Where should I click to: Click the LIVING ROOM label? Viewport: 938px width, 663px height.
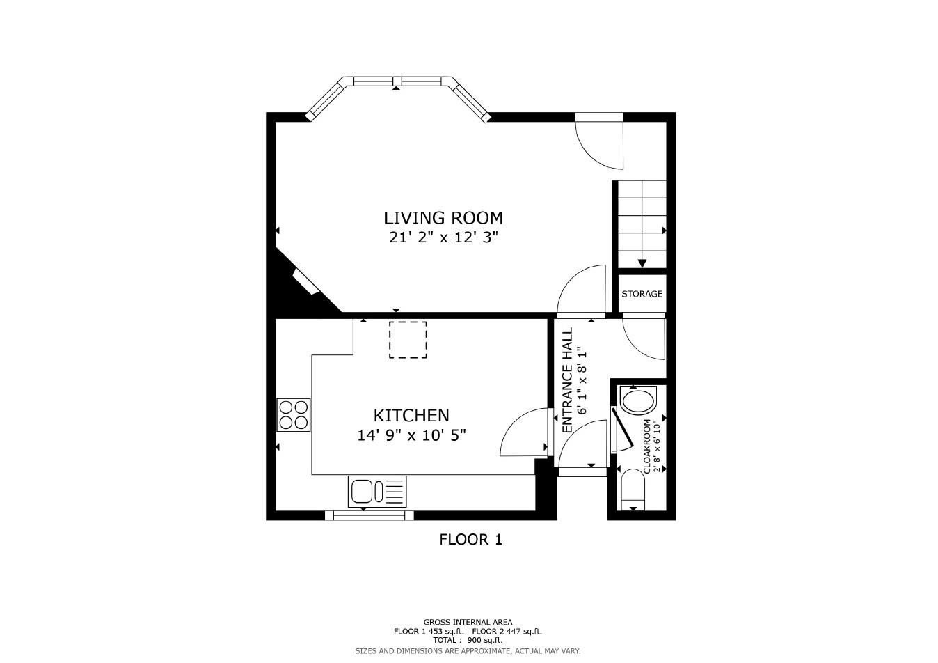click(x=443, y=217)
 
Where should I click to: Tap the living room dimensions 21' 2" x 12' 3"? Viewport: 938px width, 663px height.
click(x=443, y=237)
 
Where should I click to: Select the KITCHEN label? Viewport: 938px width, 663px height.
click(x=411, y=416)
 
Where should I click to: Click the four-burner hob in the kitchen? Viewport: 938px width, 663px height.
click(x=293, y=414)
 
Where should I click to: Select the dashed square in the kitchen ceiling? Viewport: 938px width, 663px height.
click(x=408, y=340)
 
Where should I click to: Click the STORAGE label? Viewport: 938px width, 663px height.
click(x=642, y=294)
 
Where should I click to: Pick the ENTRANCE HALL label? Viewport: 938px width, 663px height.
click(x=567, y=380)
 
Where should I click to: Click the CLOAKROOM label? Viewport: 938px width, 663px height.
click(x=647, y=446)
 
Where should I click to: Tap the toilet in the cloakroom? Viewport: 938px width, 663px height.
click(x=638, y=401)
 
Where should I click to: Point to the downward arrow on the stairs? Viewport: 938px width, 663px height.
click(x=642, y=263)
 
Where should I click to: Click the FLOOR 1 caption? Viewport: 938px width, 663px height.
click(x=470, y=539)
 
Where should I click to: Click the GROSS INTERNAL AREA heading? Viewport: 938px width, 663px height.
click(x=468, y=622)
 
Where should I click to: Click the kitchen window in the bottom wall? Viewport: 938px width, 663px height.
click(x=369, y=515)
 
